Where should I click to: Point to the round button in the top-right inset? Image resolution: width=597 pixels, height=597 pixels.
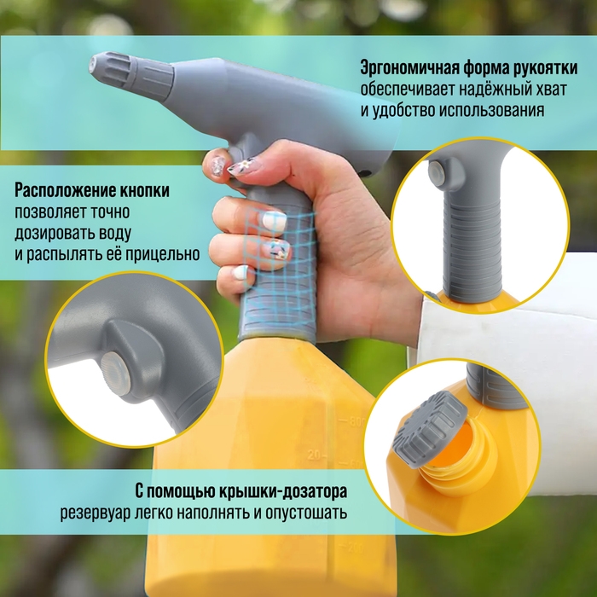pyautogui.click(x=438, y=174)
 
